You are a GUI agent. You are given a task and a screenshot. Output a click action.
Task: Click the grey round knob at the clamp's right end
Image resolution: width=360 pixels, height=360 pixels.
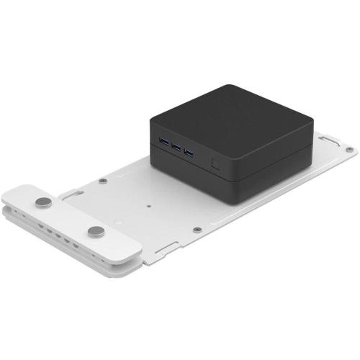pos(96,232)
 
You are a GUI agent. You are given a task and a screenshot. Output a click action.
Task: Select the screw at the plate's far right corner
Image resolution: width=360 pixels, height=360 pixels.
pos(349,150)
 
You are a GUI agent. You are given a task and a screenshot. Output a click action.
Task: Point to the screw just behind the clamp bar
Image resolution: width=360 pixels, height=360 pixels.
pos(104,181)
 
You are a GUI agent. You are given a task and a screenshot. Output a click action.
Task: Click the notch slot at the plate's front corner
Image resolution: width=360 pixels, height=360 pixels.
pos(163,248)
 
